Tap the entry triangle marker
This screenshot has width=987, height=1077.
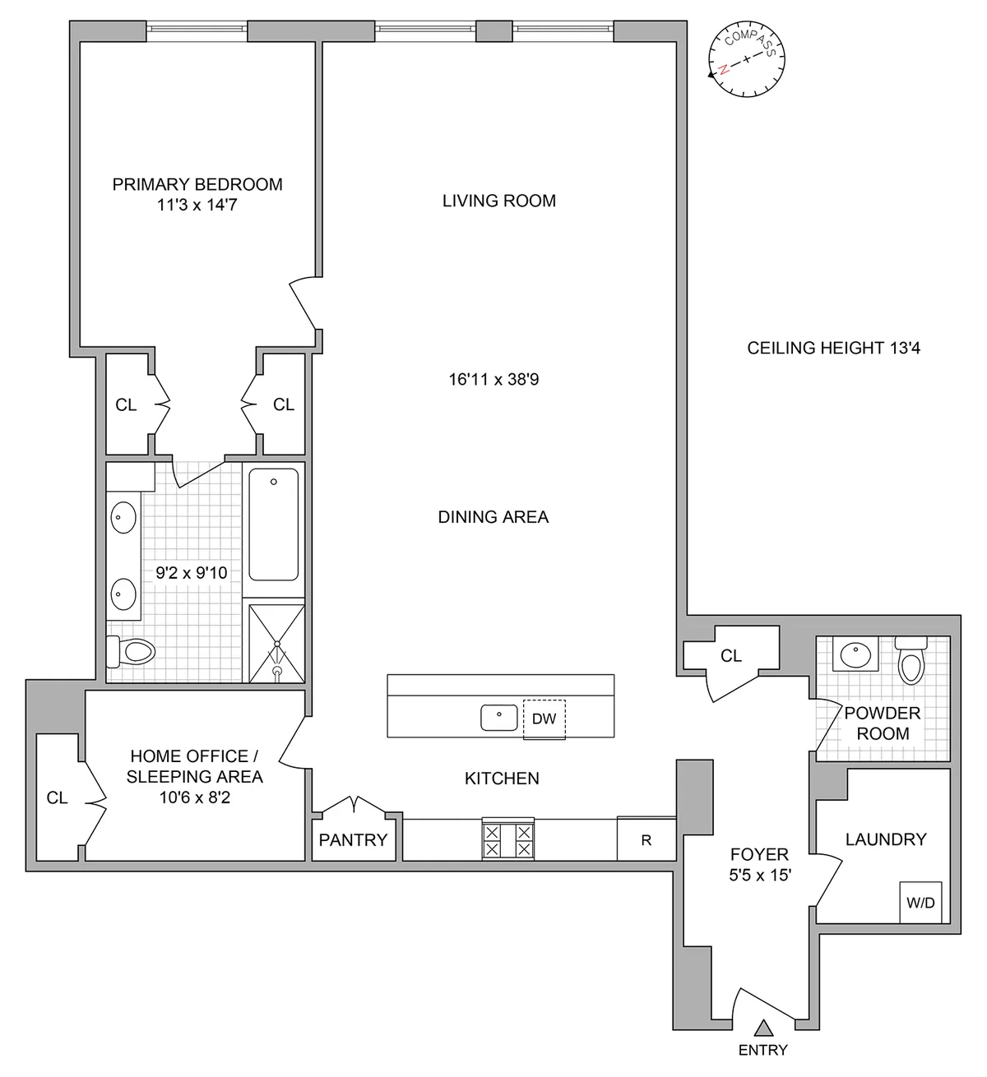(764, 1027)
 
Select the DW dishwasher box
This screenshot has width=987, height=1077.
(544, 719)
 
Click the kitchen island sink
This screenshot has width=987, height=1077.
(499, 717)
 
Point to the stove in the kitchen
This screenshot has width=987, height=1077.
(507, 839)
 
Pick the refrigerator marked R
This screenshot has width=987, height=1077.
(646, 839)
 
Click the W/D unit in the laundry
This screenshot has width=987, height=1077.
(920, 902)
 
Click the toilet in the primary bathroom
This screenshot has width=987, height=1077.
(132, 653)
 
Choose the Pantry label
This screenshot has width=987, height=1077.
(353, 839)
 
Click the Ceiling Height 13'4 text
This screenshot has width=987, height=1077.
(833, 348)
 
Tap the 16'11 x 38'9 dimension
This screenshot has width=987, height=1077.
(493, 379)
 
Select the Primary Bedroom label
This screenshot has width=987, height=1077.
(197, 185)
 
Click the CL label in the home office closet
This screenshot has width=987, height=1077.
(58, 797)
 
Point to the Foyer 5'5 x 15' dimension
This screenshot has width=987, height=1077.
(759, 876)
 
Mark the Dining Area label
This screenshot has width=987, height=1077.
(493, 516)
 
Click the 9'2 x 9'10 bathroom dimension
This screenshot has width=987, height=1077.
(192, 572)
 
